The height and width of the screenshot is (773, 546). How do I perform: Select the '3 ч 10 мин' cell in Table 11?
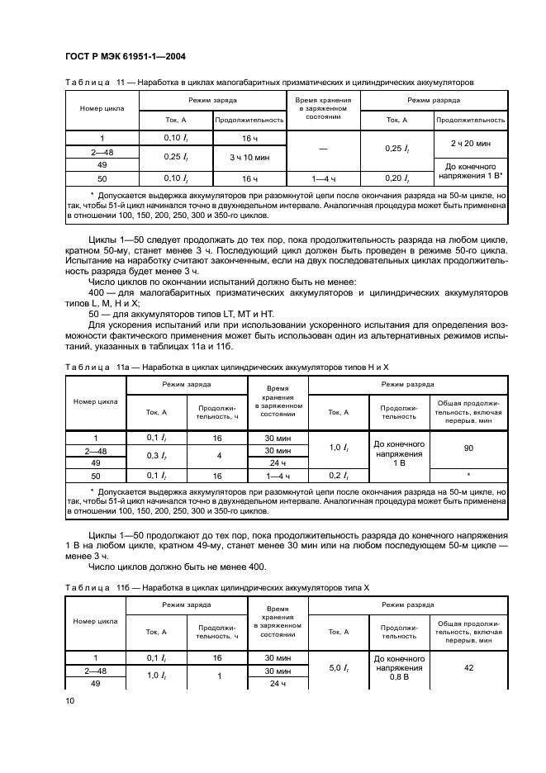click(249, 157)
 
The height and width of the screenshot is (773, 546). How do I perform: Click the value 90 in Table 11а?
click(468, 446)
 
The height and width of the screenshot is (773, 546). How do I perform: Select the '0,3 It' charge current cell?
click(157, 456)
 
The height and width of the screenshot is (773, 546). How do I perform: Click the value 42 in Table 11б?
click(468, 667)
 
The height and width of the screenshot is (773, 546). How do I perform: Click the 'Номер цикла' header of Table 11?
click(102, 109)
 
